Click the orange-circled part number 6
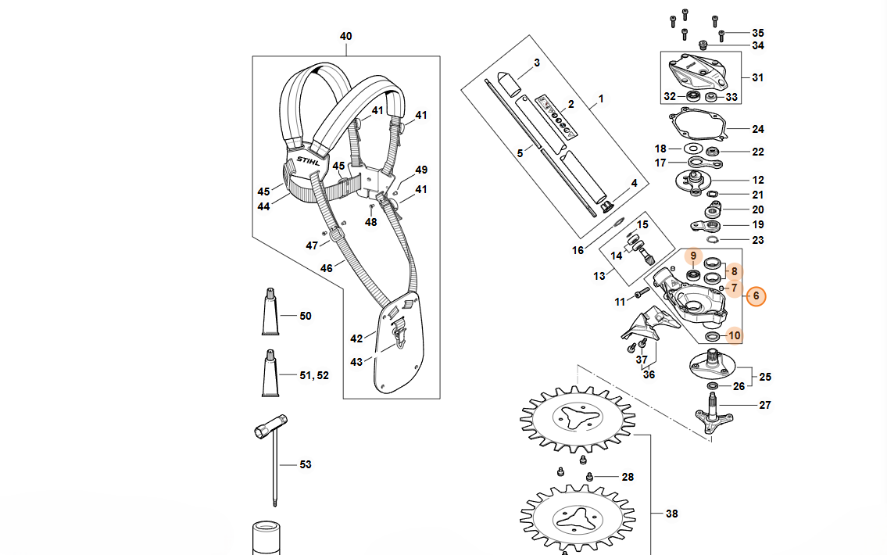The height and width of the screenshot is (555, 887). pyautogui.click(x=756, y=296)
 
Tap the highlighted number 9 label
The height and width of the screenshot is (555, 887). pyautogui.click(x=693, y=256)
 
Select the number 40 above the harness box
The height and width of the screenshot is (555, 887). pyautogui.click(x=345, y=36)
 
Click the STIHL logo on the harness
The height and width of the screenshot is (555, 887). pyautogui.click(x=308, y=161)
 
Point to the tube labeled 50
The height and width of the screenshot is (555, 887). pyautogui.click(x=270, y=312)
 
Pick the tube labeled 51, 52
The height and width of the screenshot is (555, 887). pyautogui.click(x=270, y=374)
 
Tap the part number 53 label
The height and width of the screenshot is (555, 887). pyautogui.click(x=306, y=464)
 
